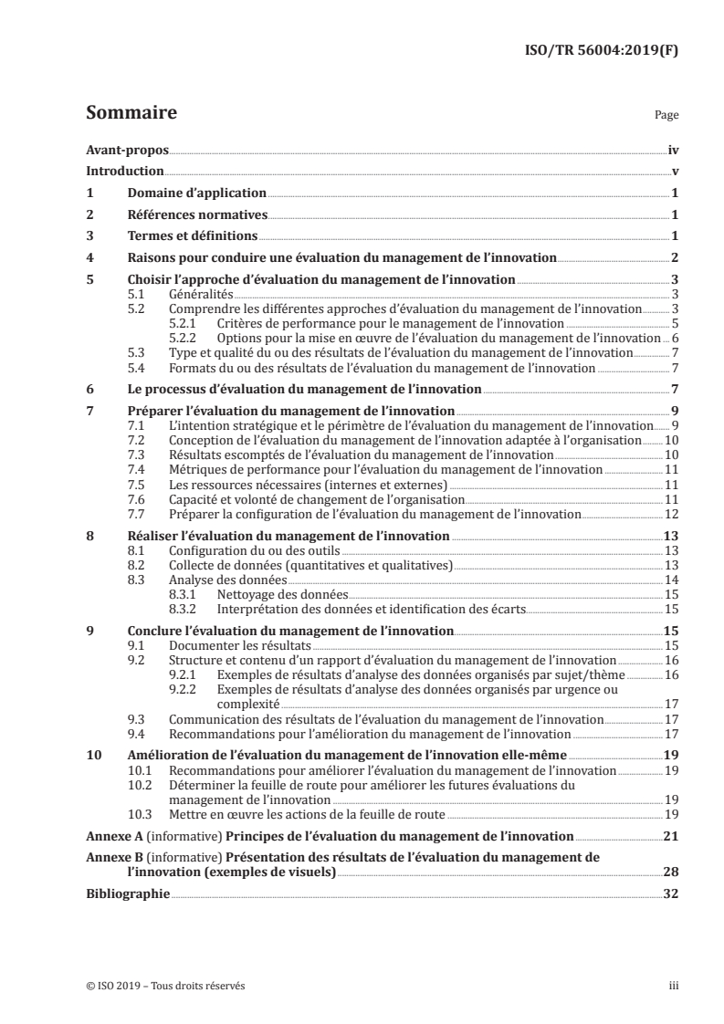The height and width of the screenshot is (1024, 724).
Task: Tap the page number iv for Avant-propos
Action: pyautogui.click(x=673, y=149)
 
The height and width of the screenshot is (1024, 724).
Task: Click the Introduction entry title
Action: pyautogui.click(x=124, y=171)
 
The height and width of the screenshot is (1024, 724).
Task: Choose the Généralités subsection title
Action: pyautogui.click(x=202, y=295)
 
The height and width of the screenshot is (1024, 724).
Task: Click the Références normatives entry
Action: pyautogui.click(x=195, y=215)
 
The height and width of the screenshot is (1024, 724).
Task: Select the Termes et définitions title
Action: pyautogui.click(x=188, y=237)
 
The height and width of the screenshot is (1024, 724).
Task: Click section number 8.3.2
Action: pyautogui.click(x=186, y=608)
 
